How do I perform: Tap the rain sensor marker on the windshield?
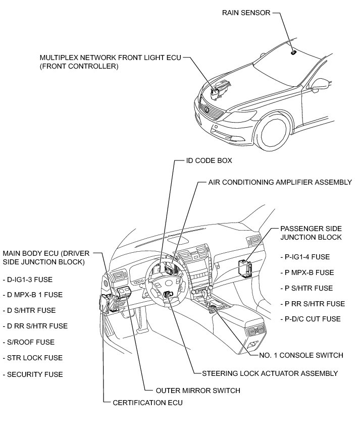[293, 52]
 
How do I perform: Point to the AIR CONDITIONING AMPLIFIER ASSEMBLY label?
[280, 182]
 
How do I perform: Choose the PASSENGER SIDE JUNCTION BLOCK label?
[311, 233]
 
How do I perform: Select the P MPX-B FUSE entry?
[309, 272]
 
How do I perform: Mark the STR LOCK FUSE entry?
[34, 358]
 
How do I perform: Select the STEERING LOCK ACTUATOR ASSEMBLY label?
[270, 373]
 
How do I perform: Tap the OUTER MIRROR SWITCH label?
[198, 390]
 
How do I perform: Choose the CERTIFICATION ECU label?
[147, 403]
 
